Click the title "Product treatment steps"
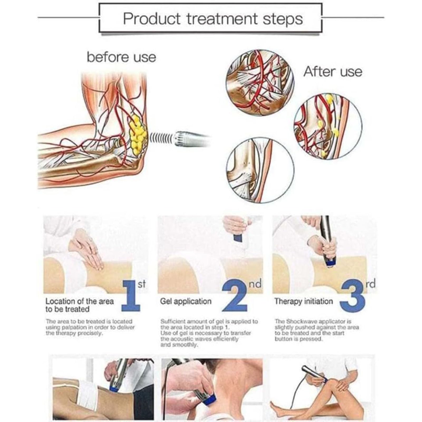[x=213, y=18]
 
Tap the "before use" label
[x=121, y=57]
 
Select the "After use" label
[x=333, y=72]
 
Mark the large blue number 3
[x=353, y=296]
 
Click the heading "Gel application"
[x=186, y=301]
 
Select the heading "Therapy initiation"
[x=304, y=301]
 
